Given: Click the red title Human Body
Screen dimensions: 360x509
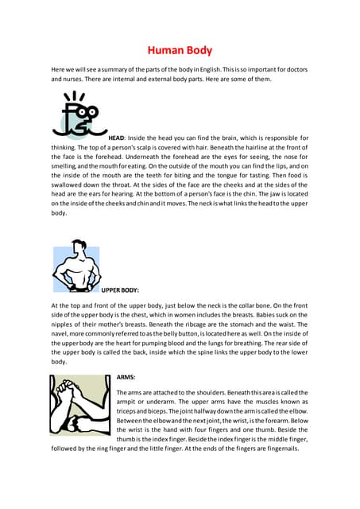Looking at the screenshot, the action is click(180, 52).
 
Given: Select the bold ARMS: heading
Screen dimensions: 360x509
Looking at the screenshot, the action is click(126, 376).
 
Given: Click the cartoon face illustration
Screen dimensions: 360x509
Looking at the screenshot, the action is click(79, 115).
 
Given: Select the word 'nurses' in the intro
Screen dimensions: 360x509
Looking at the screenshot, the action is click(76, 80).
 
